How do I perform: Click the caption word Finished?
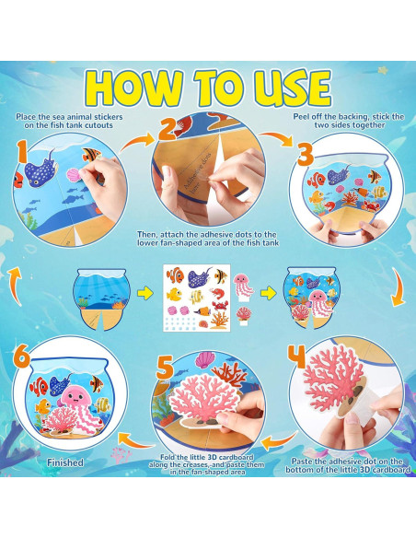tap(63, 462)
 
